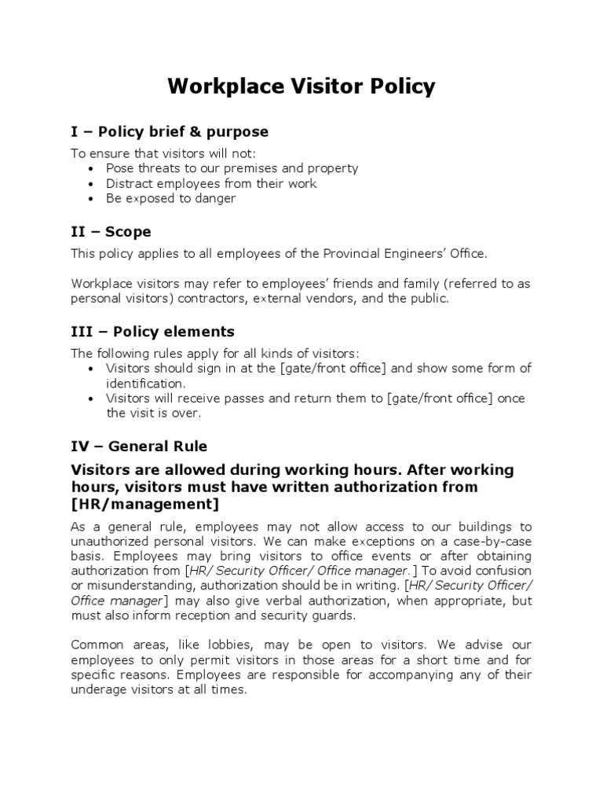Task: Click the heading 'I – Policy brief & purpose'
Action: (170, 131)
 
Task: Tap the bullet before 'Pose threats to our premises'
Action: (93, 168)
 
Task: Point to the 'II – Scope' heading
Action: (111, 232)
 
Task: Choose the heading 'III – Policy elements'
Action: (152, 332)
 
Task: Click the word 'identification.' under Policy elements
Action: (146, 383)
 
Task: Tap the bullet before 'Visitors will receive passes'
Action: (93, 399)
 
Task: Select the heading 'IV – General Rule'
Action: (139, 446)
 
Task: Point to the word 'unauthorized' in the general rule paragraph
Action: (110, 541)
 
